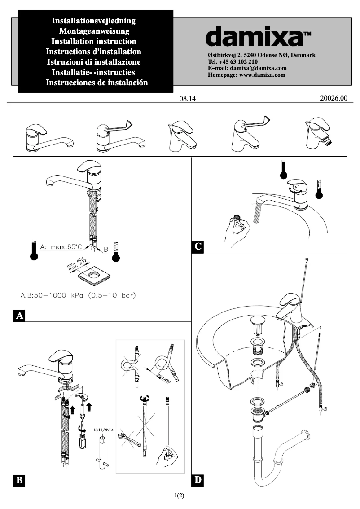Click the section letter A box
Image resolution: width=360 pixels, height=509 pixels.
[x=19, y=316]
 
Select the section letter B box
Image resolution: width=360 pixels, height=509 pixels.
[x=19, y=480]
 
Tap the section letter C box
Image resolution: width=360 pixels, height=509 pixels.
[x=198, y=247]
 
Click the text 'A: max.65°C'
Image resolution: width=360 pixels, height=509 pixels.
[x=61, y=247]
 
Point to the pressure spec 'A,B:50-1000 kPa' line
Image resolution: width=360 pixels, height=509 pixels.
[x=78, y=295]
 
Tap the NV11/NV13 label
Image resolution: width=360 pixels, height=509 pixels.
[x=104, y=430]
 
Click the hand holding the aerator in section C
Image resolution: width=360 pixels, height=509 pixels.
[x=237, y=227]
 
